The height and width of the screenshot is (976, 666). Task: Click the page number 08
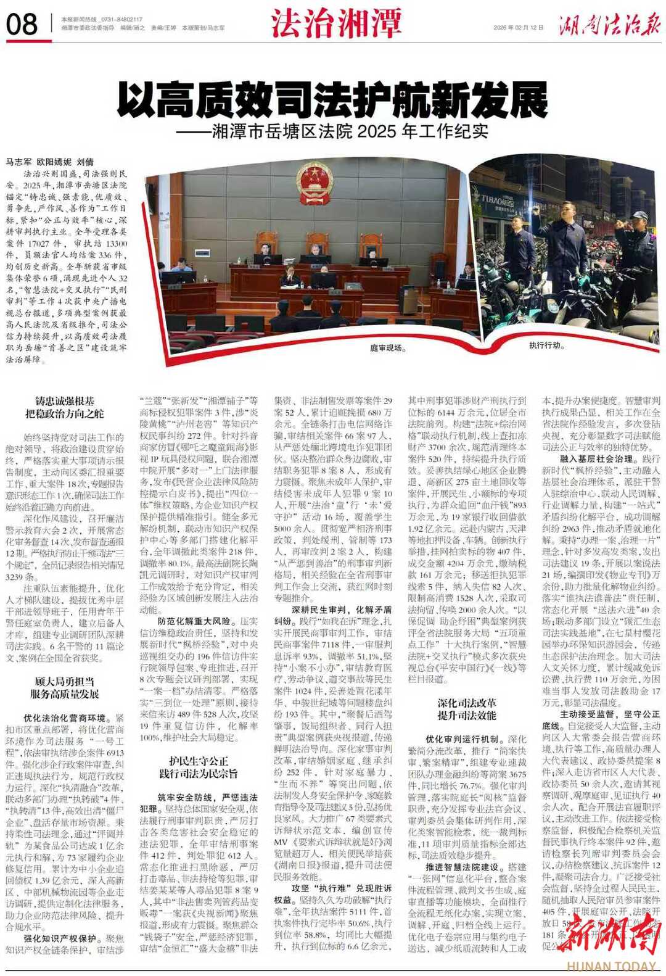(x=22, y=24)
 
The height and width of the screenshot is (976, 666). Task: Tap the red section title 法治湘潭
(x=336, y=23)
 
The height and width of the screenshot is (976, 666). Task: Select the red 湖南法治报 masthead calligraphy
(x=609, y=25)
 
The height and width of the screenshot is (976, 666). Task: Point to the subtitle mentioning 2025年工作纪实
(x=332, y=131)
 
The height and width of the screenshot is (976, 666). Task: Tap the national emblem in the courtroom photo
(x=313, y=180)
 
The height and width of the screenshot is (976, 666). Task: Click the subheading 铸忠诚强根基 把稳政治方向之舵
(x=65, y=408)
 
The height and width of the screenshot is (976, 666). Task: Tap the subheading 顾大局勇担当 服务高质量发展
(x=65, y=687)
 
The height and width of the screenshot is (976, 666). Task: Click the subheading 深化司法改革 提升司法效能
(x=467, y=709)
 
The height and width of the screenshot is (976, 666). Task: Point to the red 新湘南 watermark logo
(x=608, y=935)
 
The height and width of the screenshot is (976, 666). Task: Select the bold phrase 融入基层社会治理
(x=587, y=459)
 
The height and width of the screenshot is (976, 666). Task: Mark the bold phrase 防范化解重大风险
(x=194, y=621)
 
